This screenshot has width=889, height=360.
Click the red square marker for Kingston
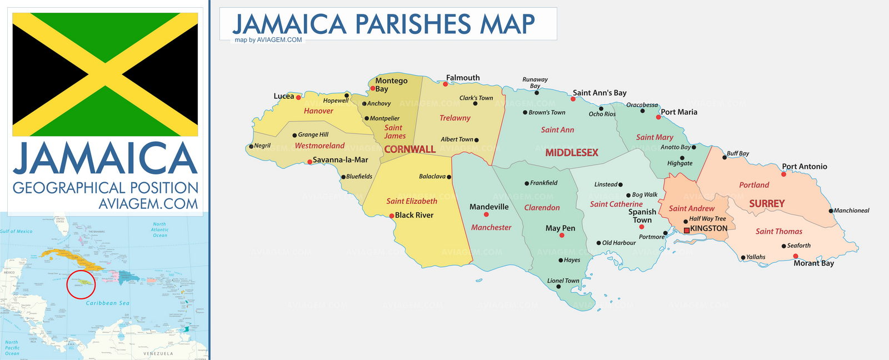(686, 230)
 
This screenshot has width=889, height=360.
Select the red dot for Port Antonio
(783, 174)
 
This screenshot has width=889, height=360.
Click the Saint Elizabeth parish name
(412, 201)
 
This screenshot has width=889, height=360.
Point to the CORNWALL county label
(409, 149)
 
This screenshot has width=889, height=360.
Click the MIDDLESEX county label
(571, 153)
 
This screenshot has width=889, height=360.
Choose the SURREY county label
(766, 204)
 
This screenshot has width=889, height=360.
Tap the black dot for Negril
(251, 147)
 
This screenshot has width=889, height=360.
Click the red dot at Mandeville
(486, 214)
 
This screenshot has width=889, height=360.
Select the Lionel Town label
(563, 281)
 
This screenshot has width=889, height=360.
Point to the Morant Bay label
(813, 263)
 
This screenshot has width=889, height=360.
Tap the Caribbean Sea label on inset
(107, 303)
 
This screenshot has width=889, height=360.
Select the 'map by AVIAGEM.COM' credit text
(268, 40)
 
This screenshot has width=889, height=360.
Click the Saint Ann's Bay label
(600, 93)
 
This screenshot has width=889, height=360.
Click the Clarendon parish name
(542, 208)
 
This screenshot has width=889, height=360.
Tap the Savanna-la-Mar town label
(340, 160)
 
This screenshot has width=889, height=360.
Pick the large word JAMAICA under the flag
(106, 159)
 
